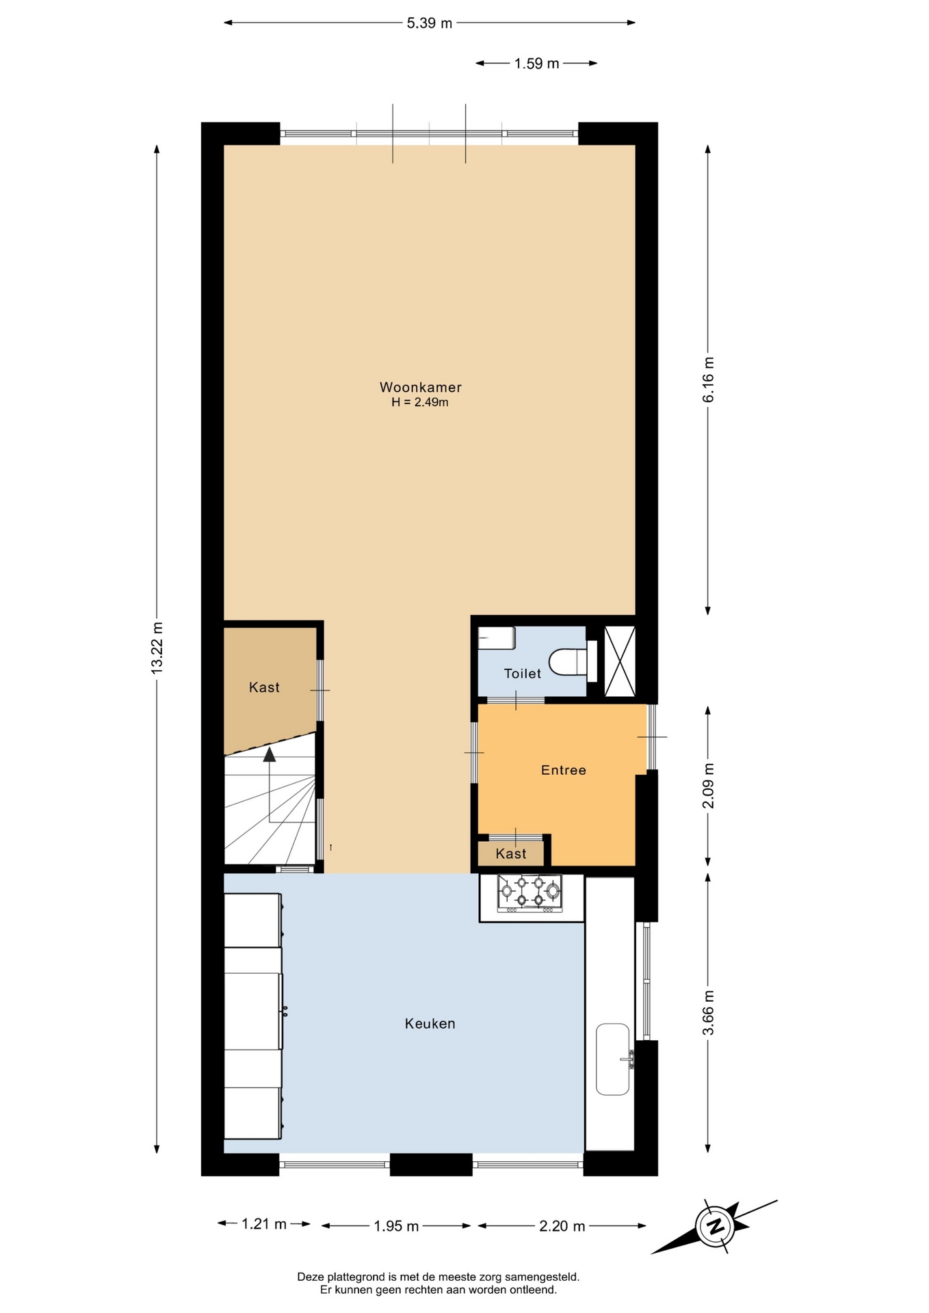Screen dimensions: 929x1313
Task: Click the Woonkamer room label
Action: point(420,387)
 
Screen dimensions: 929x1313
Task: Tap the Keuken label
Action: point(430,1024)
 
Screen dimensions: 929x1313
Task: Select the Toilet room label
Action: point(523,674)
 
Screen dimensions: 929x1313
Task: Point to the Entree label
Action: point(563,770)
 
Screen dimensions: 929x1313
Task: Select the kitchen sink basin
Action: point(612,1059)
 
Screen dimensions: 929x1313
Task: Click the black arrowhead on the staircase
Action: point(270,754)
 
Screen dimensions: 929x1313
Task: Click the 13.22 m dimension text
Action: point(157,648)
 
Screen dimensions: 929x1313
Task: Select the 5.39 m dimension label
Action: point(430,23)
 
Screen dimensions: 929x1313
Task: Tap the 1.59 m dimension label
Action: point(537,64)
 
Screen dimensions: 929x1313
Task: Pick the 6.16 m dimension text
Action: point(708,380)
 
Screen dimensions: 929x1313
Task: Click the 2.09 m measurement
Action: point(708,786)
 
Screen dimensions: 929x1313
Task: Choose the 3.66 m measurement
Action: point(708,1013)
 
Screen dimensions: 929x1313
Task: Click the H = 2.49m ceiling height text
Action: point(420,402)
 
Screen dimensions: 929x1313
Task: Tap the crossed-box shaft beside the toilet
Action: point(620,661)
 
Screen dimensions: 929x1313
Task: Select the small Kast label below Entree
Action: point(511,853)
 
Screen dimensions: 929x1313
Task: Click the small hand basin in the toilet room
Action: point(497,637)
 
